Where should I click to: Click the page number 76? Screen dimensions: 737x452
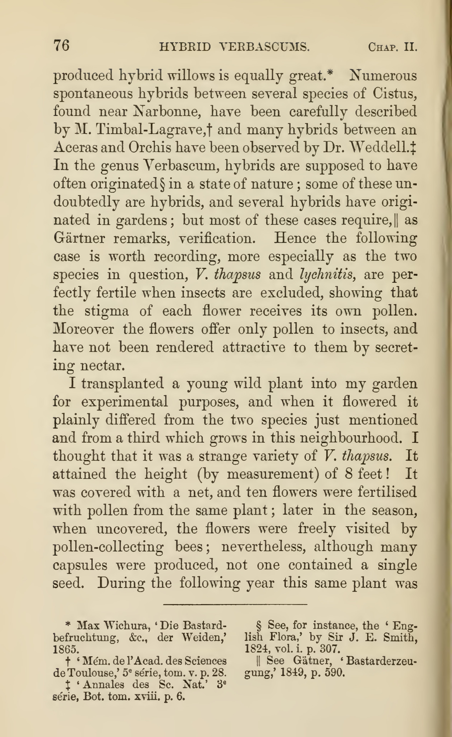pos(61,45)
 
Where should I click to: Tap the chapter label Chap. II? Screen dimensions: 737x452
pos(392,47)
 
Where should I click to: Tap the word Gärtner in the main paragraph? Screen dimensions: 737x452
pos(79,239)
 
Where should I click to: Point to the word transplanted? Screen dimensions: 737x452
pos(123,384)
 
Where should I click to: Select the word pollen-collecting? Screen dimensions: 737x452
pos(108,547)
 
